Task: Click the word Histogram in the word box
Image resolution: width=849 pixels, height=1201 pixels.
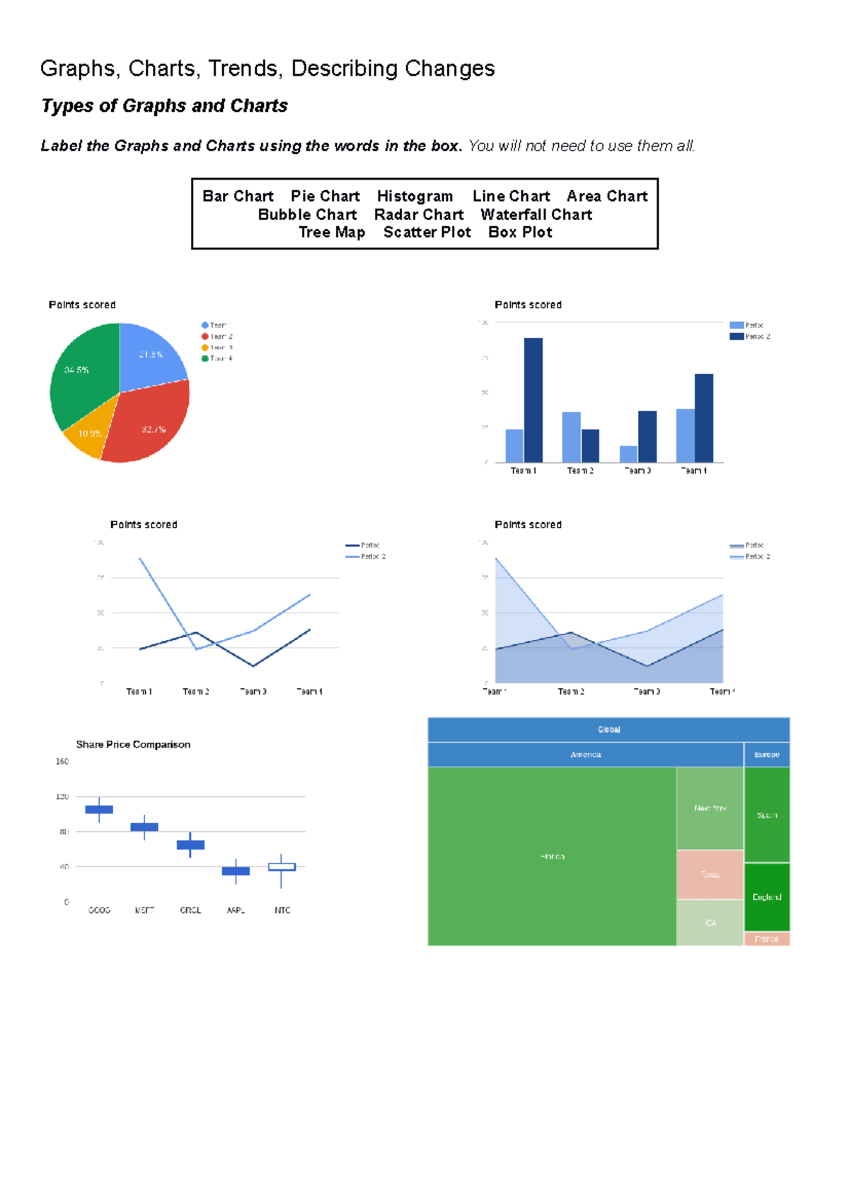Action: coord(415,196)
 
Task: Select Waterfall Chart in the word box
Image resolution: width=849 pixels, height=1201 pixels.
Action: coord(536,214)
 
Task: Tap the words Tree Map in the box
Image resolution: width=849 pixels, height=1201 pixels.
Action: coord(331,233)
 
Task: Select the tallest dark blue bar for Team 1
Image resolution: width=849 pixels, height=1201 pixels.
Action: coord(533,400)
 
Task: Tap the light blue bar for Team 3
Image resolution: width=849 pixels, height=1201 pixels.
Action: coord(628,454)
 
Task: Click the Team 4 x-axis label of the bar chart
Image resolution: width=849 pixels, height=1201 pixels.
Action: coord(693,471)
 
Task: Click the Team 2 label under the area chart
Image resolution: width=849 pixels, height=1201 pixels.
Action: coord(571,692)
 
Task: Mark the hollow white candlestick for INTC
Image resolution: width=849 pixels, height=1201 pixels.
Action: coord(282,866)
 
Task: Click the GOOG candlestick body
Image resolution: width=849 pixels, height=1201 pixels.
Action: coord(99,809)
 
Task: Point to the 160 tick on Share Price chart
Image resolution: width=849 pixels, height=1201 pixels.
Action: coord(62,762)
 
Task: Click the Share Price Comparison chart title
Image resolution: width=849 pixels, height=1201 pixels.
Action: coord(133,745)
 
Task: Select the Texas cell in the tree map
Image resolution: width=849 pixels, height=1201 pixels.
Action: coord(710,874)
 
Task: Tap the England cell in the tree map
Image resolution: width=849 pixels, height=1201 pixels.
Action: coord(767,897)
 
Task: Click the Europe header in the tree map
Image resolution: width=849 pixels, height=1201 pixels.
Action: coord(767,755)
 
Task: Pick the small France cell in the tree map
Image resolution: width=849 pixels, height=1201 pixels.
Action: coord(767,939)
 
